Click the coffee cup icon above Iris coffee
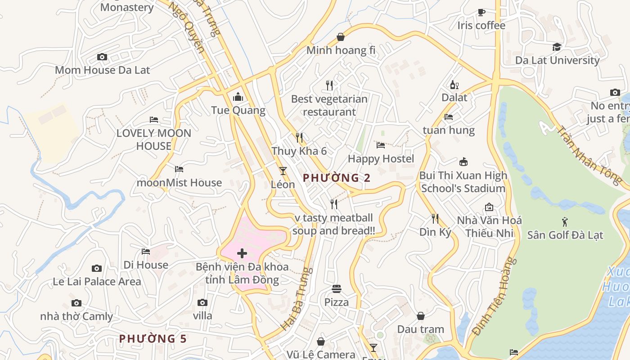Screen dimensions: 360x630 (x=481, y=12)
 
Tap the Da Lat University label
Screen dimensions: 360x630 (x=557, y=60)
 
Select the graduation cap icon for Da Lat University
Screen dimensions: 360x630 (x=557, y=47)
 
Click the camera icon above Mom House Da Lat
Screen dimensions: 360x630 (x=102, y=57)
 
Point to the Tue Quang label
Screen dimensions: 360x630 (x=238, y=110)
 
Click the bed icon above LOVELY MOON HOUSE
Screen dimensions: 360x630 (x=154, y=120)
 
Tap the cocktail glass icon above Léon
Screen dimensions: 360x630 (x=283, y=171)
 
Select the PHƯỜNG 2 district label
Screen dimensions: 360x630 (x=337, y=178)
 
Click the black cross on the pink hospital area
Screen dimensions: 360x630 (x=242, y=253)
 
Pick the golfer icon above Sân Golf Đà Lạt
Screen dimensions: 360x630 (x=565, y=221)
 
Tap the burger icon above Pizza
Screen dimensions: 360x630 (x=337, y=288)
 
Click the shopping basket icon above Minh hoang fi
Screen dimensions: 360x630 (x=341, y=37)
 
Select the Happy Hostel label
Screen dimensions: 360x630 (x=381, y=159)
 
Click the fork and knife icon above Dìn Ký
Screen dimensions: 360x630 (x=435, y=219)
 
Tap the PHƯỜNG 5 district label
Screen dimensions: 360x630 (x=153, y=338)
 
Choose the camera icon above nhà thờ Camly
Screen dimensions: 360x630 (x=76, y=303)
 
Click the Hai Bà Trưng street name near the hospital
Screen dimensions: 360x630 (x=296, y=299)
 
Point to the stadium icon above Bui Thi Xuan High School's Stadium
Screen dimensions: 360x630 (x=463, y=162)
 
